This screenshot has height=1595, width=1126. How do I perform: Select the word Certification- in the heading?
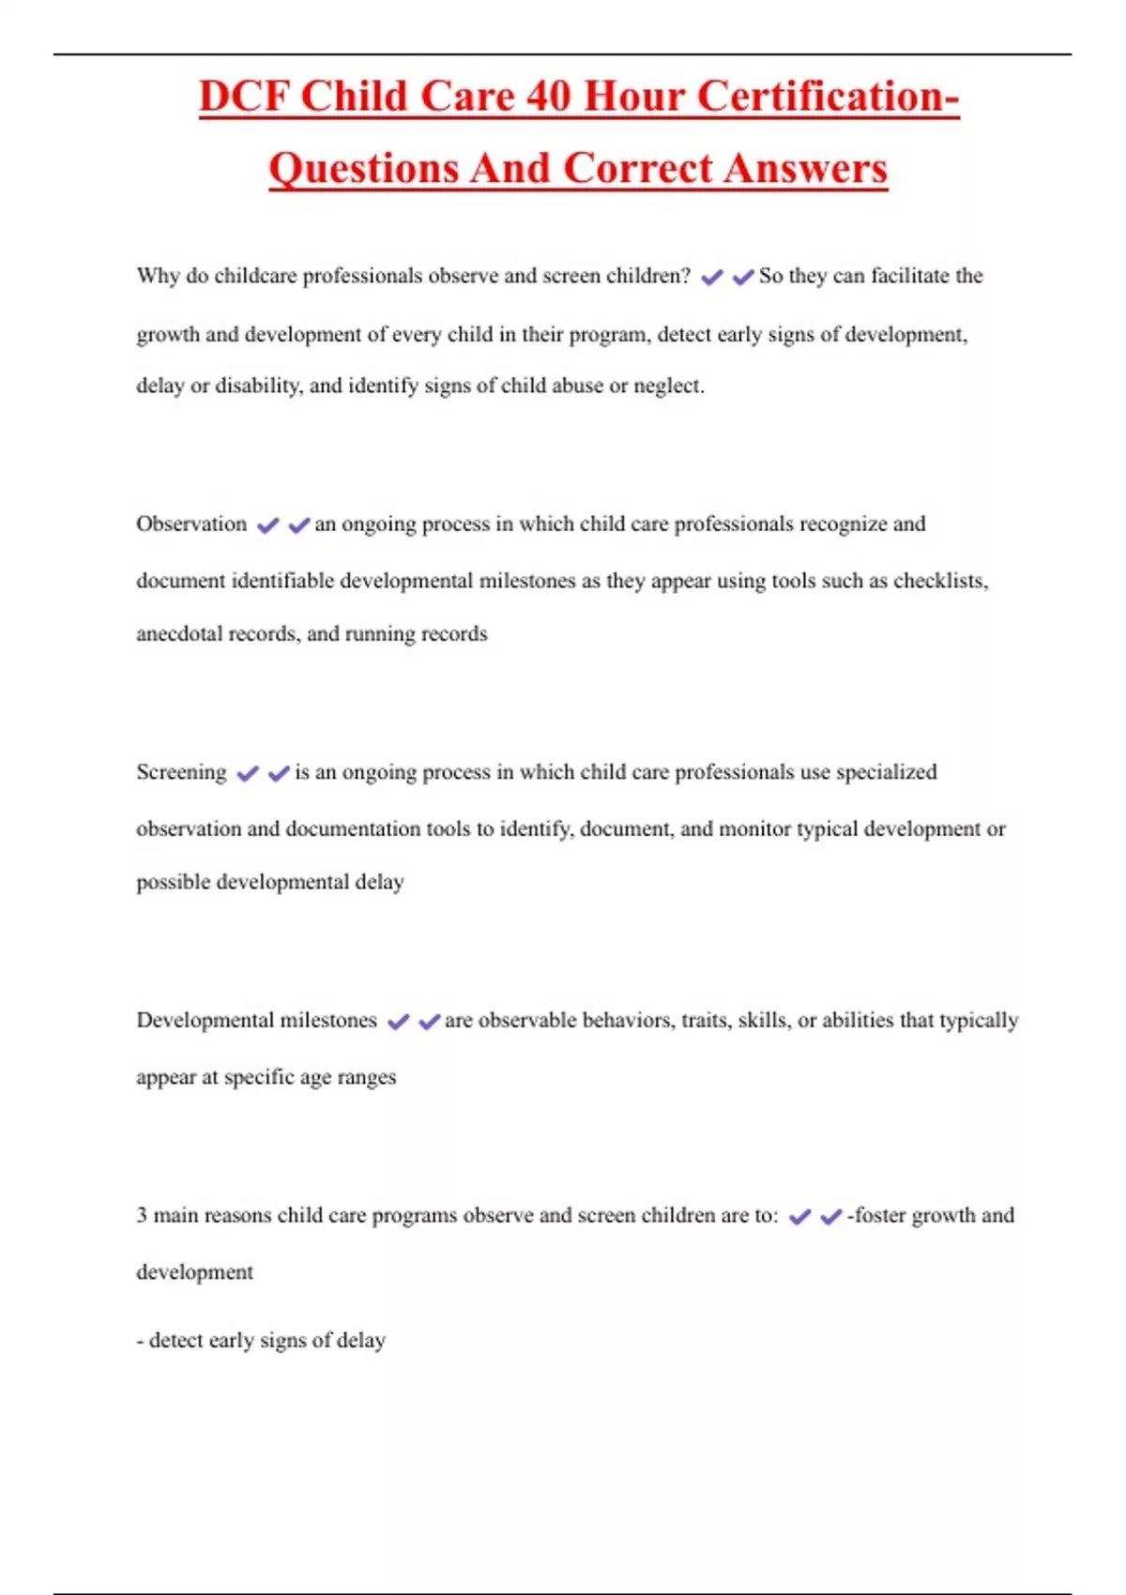click(x=829, y=97)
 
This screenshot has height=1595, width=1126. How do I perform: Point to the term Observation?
click(x=191, y=524)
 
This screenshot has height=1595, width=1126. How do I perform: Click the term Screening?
click(x=181, y=772)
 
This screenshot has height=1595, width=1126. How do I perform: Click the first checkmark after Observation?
click(x=268, y=525)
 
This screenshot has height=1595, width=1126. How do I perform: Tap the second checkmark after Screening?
click(x=279, y=774)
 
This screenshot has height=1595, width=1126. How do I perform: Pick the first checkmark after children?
click(x=712, y=278)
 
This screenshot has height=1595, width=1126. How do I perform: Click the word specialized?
click(x=886, y=772)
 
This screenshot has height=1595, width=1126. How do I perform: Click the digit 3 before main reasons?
click(x=142, y=1215)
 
